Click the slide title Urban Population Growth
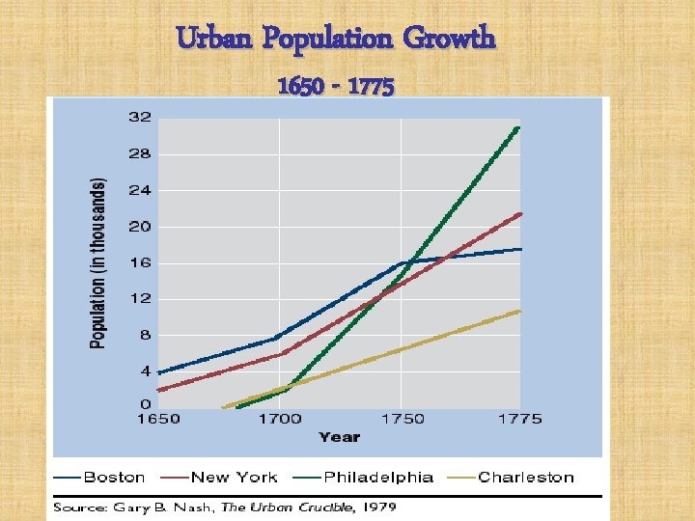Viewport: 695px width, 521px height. coord(336,39)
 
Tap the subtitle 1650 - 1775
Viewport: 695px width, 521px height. coord(335,88)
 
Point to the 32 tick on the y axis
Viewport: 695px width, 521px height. coord(139,118)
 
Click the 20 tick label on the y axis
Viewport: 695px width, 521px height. coord(139,227)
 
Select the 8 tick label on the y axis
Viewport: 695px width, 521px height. coord(145,336)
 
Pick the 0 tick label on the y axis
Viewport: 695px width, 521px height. coord(145,403)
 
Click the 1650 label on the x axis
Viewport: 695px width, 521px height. coord(157,419)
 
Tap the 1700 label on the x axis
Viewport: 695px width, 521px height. coord(279,419)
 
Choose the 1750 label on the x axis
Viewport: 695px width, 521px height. coord(401,419)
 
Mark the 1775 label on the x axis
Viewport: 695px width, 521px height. coord(521,419)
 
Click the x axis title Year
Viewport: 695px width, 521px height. coord(339,437)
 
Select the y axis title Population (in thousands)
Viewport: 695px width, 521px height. coord(97,262)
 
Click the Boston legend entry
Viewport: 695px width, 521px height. coord(114,478)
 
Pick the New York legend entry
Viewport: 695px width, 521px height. coord(234,478)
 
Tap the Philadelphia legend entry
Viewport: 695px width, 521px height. coord(378,478)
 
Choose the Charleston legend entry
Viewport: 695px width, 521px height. coord(526,478)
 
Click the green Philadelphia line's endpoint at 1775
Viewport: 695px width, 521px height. coord(519,127)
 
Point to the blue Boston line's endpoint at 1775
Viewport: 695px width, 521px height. coord(520,249)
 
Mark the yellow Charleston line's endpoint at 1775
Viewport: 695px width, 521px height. coord(520,311)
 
